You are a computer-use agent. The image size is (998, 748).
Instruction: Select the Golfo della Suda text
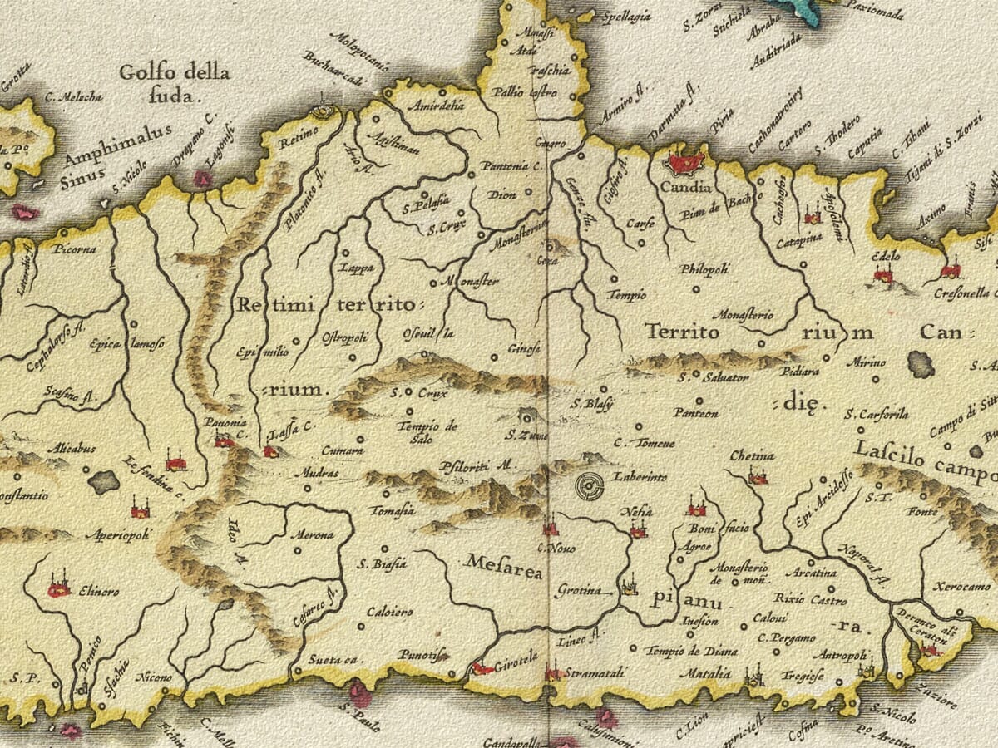click(x=174, y=83)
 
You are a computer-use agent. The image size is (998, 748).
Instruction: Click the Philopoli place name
click(x=704, y=268)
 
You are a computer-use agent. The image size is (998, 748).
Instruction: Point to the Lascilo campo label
click(x=923, y=460)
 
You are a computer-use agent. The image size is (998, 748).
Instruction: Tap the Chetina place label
click(x=752, y=455)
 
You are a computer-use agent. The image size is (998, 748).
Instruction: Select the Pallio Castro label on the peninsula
click(x=524, y=92)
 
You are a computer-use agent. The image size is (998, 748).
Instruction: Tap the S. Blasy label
click(x=591, y=405)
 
